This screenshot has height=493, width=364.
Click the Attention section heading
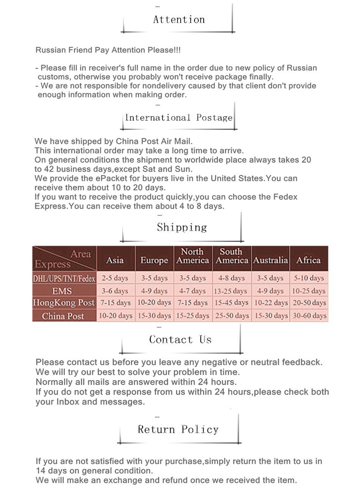pos(179,20)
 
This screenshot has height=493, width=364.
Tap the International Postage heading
pos(179,118)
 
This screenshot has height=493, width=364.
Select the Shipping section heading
pos(182,227)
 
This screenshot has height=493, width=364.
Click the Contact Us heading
pos(180,339)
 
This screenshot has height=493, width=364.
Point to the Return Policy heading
pos(178,429)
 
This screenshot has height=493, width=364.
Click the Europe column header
pos(154,260)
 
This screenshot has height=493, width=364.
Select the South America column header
pos(232,256)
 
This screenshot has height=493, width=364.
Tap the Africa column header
pos(308,260)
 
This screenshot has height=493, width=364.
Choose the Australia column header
pos(270,260)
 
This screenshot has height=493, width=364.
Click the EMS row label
pos(62,291)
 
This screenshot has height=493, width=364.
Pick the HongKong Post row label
pos(64,303)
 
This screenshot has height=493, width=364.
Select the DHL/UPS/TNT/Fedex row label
pos(64,279)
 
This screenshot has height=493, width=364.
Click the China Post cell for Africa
pos(309,316)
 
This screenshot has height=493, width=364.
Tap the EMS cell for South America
pos(231,291)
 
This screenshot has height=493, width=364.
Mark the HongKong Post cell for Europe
pos(154,303)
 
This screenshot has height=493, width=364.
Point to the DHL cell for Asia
pos(115,278)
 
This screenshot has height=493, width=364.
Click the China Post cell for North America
pos(193,316)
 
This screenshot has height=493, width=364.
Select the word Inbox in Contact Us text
pos(68,402)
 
